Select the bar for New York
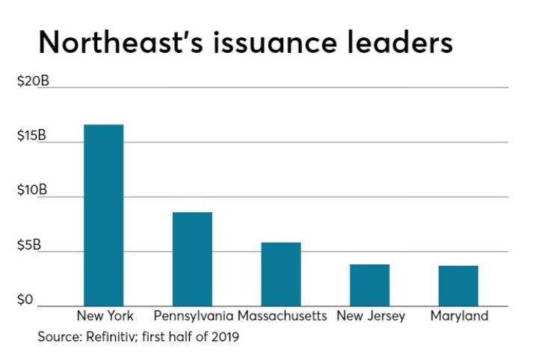pos(103,215)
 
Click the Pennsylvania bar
pos(192,259)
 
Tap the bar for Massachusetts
pos(281,274)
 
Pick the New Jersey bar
pos(370,285)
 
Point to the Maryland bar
pos(458,286)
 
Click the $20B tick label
pos(33,81)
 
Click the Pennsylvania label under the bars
pos(193,316)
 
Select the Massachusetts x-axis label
pos(282,316)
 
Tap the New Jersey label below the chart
pos(371,316)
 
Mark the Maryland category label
pos(459,316)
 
